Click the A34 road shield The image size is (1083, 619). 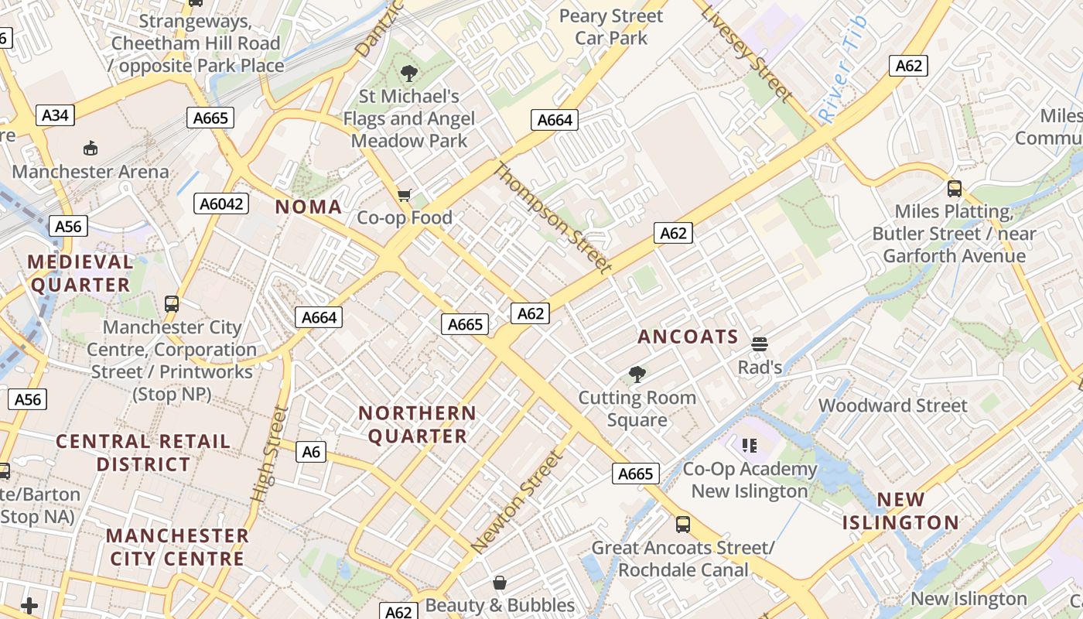pos(55,115)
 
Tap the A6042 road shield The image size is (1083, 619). pos(220,203)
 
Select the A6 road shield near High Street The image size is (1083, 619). pos(310,451)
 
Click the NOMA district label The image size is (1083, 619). pos(309,207)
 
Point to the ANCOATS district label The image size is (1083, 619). pos(688,337)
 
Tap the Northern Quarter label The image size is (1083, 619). pos(417,425)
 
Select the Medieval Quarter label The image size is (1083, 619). pos(80,273)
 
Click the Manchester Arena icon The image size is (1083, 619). pos(91,148)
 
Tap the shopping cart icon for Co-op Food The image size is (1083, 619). pos(404,195)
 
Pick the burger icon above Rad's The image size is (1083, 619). pos(759,344)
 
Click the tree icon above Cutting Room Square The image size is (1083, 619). pos(637,374)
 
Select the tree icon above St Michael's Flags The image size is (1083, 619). pos(408,74)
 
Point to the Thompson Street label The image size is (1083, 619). pos(553,217)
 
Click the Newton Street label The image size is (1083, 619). pos(518,501)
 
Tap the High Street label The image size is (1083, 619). pos(270,453)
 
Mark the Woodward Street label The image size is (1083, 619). pos(893,405)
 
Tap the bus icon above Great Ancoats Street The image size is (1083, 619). pos(683,525)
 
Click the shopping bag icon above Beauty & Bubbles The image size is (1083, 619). pos(500,582)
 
